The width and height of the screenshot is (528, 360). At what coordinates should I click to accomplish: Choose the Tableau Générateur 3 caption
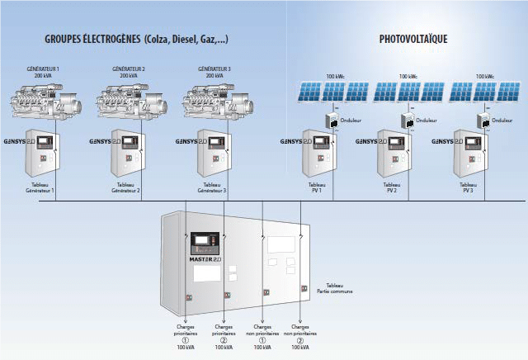pos(214,187)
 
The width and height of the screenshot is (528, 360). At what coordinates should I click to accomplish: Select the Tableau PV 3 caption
pos(468,187)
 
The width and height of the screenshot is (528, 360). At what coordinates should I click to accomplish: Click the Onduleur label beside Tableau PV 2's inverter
pos(426,121)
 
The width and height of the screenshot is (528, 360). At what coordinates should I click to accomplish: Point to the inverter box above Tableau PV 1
pos(332,121)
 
